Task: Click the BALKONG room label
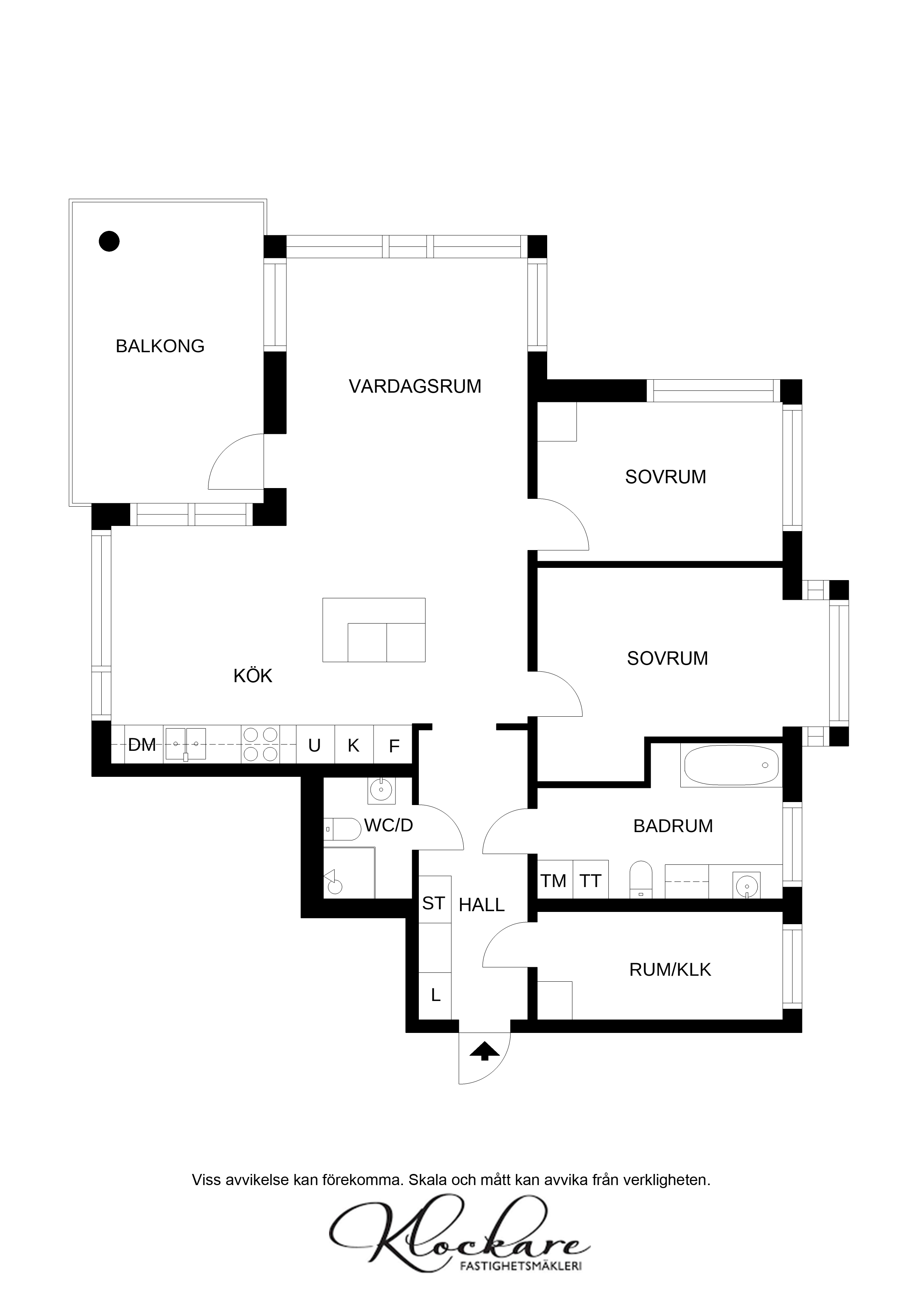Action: (x=160, y=346)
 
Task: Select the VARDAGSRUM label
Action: (x=415, y=386)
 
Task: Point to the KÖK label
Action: (x=253, y=675)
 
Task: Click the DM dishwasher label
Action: (x=142, y=745)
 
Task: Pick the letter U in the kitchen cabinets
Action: (x=315, y=745)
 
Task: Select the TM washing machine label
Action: (x=553, y=881)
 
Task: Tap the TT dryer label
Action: (x=590, y=881)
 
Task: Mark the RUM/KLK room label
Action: (x=670, y=970)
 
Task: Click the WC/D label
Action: (x=388, y=825)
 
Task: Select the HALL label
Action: (x=482, y=905)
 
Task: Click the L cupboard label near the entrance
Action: (x=436, y=995)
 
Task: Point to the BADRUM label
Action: (x=673, y=826)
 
